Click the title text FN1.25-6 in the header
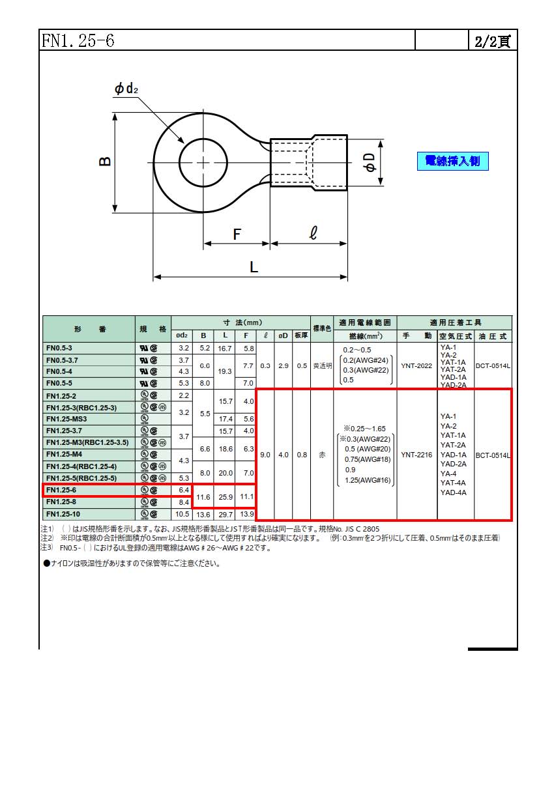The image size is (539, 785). pyautogui.click(x=78, y=40)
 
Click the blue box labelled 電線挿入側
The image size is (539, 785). pyautogui.click(x=452, y=161)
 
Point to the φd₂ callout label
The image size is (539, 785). pyautogui.click(x=126, y=89)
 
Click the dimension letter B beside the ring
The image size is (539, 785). pyautogui.click(x=105, y=161)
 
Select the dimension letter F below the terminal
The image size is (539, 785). pyautogui.click(x=237, y=235)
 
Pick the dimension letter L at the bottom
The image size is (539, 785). pyautogui.click(x=254, y=267)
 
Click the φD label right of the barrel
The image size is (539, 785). pyautogui.click(x=370, y=162)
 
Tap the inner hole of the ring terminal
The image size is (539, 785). pyautogui.click(x=203, y=163)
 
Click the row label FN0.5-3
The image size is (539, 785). pyautogui.click(x=59, y=348)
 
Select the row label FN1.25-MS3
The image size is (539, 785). pyautogui.click(x=66, y=419)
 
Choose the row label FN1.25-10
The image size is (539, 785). pyautogui.click(x=63, y=514)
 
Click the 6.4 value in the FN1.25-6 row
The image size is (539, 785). pyautogui.click(x=184, y=490)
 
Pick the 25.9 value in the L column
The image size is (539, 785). pyautogui.click(x=226, y=497)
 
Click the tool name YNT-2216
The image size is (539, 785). pyautogui.click(x=416, y=455)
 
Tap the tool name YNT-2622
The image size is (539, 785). pyautogui.click(x=416, y=366)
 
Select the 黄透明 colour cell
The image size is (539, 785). pyautogui.click(x=322, y=366)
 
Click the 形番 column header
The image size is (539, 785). pyautogui.click(x=90, y=329)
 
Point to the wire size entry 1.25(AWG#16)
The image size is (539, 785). pyautogui.click(x=368, y=480)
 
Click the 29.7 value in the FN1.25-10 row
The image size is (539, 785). pyautogui.click(x=226, y=515)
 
